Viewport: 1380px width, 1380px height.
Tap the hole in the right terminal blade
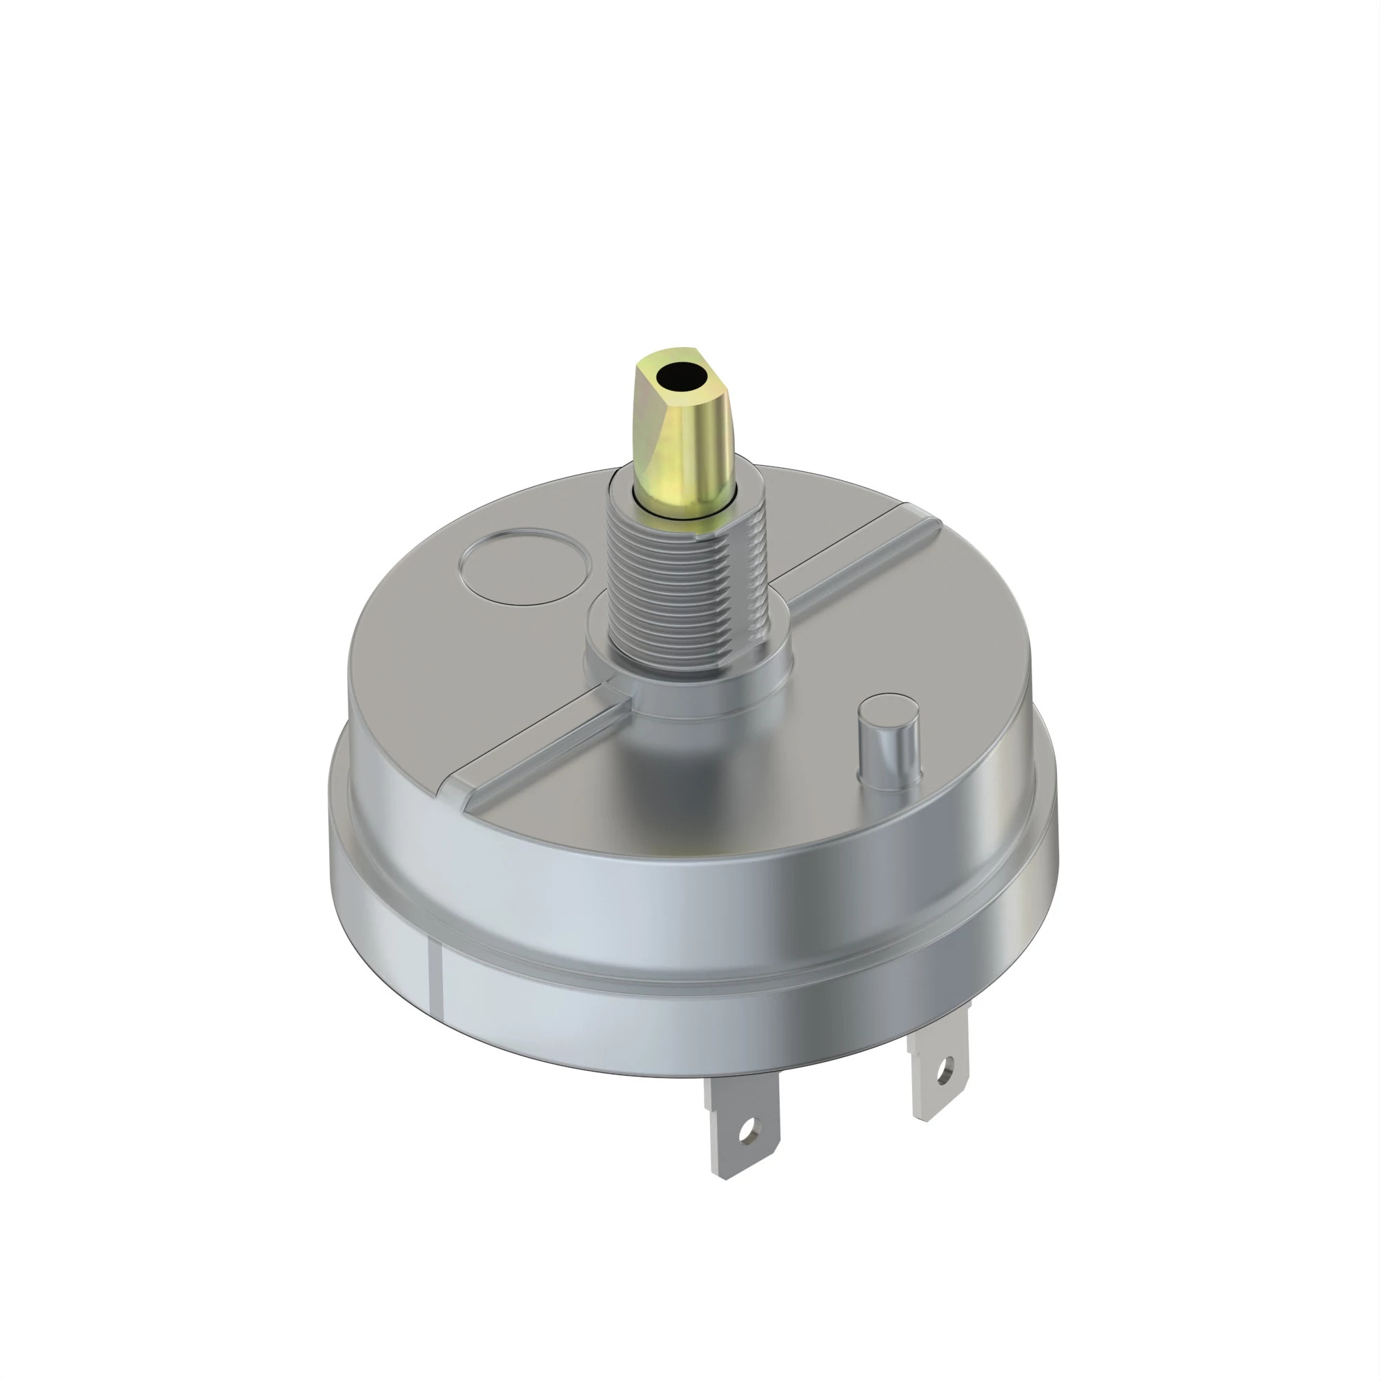[946, 1070]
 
